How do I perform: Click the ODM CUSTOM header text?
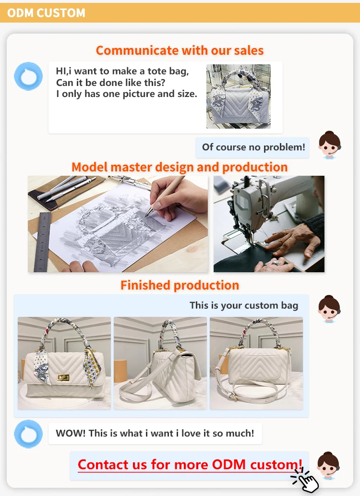pos(46,13)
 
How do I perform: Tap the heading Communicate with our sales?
pos(180,50)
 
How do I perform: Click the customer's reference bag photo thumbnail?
pos(239,97)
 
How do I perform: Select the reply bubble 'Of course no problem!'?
pos(252,147)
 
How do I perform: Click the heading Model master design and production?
pos(180,167)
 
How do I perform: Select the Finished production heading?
pos(180,285)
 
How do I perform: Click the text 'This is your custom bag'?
pos(244,305)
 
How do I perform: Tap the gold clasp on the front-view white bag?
pos(63,377)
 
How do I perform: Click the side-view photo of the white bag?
pos(160,363)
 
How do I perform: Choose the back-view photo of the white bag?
pos(256,363)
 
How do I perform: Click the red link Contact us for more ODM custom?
pos(190,465)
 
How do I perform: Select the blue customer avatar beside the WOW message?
pos(28,434)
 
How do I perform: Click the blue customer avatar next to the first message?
pos(28,76)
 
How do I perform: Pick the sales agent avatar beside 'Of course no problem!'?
pos(329,145)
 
